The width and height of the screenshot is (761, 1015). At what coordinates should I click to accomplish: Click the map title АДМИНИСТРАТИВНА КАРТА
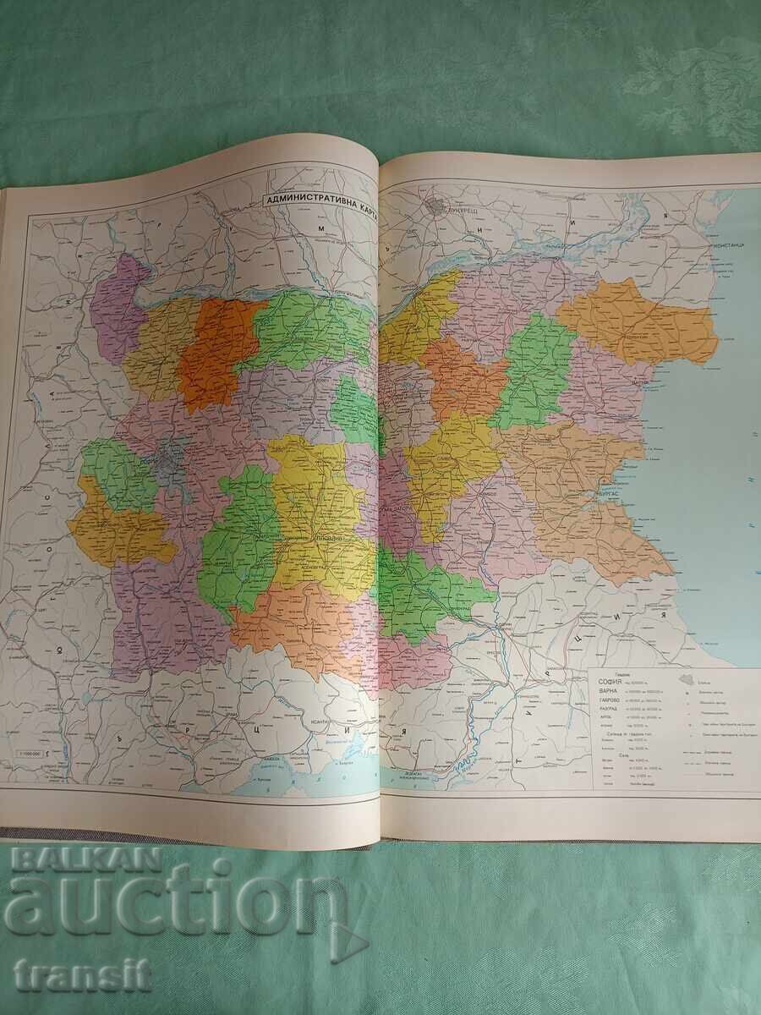coord(317,200)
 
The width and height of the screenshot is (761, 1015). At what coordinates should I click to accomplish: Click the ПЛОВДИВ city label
coord(320,538)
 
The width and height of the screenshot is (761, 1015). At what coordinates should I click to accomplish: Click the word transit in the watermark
coord(82,974)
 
